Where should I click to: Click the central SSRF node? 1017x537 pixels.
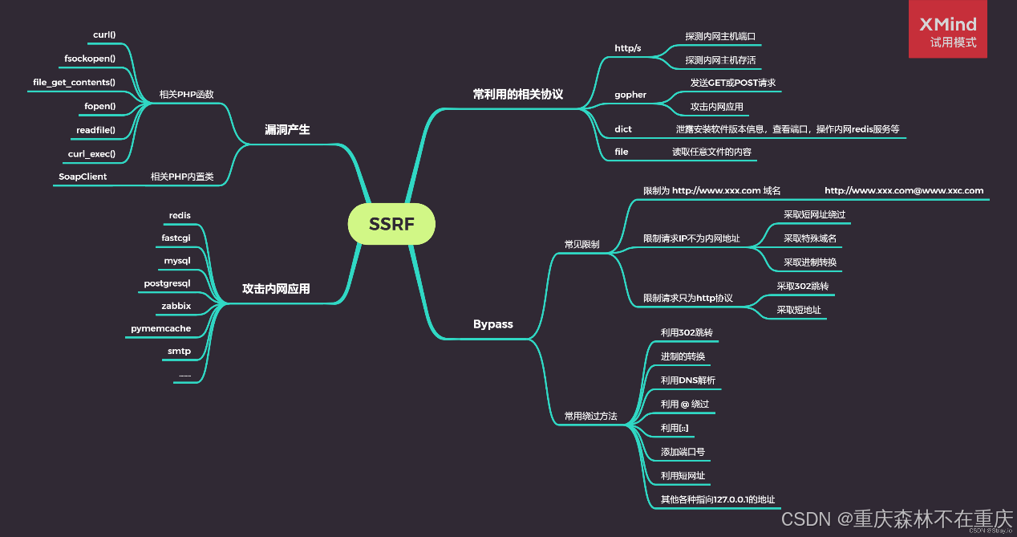point(391,224)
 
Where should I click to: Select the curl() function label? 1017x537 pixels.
point(104,35)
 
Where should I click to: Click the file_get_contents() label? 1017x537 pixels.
point(74,82)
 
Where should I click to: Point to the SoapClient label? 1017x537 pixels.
point(83,176)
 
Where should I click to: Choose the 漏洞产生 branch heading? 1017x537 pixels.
point(287,129)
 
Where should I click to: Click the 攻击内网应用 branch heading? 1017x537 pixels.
point(276,288)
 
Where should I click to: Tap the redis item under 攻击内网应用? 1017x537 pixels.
point(180,215)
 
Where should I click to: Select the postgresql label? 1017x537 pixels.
point(167,283)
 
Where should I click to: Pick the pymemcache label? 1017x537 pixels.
point(160,328)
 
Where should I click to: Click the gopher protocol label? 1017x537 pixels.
point(630,95)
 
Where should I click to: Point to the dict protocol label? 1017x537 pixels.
point(623,128)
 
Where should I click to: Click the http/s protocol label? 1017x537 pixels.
point(627,48)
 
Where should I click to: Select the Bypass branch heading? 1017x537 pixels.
point(492,324)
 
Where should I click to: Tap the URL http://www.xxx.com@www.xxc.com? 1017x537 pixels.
point(904,190)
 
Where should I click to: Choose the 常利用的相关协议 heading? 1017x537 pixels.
point(517,94)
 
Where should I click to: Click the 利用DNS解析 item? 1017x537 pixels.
point(687,380)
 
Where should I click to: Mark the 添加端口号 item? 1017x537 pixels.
point(683,452)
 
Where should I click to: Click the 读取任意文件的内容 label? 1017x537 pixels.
point(711,151)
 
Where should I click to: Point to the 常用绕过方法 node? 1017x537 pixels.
point(590,416)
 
